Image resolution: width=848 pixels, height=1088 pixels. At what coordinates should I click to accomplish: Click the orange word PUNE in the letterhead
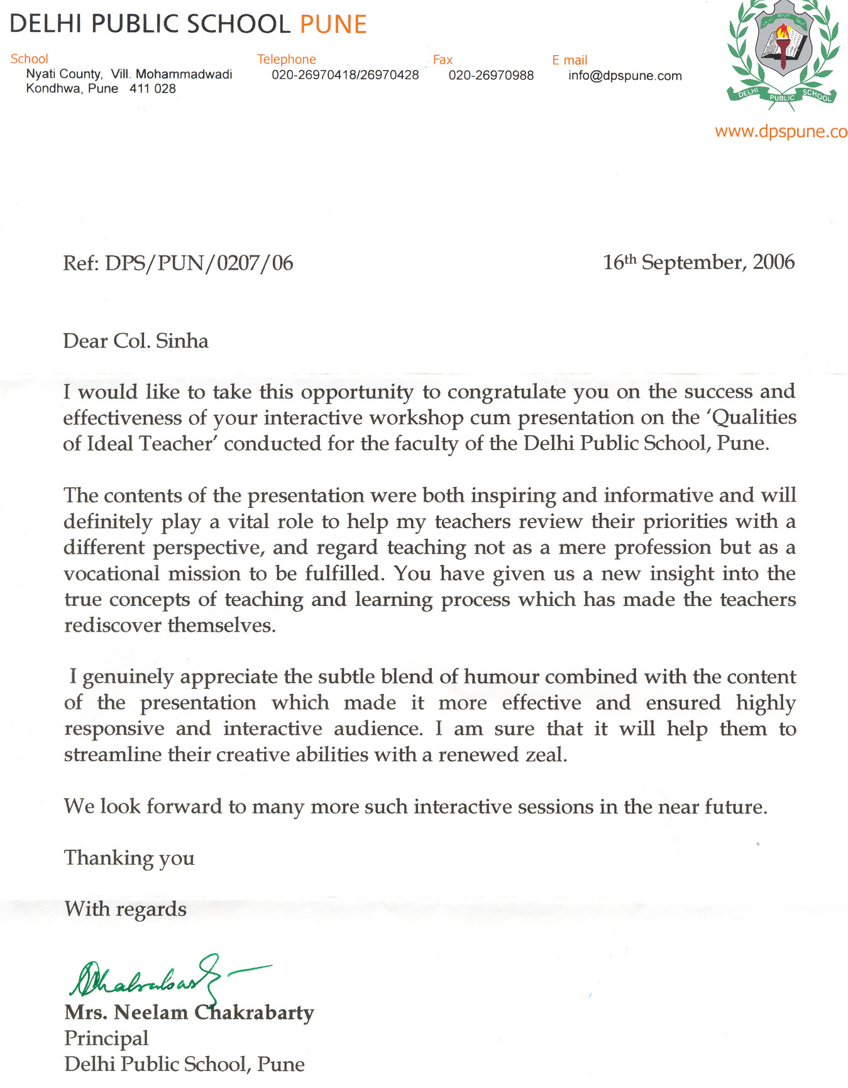click(x=333, y=25)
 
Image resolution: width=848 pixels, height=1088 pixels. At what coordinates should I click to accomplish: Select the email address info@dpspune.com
click(x=625, y=76)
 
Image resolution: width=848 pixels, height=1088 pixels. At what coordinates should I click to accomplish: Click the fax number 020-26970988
click(x=491, y=75)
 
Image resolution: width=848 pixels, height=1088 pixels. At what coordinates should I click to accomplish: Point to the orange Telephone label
click(x=286, y=60)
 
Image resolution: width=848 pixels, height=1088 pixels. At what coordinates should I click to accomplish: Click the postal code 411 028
click(x=153, y=89)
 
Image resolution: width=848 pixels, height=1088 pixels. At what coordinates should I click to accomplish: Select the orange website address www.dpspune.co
click(x=781, y=132)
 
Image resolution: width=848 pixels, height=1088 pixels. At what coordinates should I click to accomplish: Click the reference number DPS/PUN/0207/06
click(x=199, y=263)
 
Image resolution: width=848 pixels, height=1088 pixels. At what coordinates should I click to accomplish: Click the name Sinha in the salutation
click(x=182, y=341)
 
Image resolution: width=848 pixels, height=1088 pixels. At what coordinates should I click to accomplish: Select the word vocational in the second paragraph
click(x=112, y=574)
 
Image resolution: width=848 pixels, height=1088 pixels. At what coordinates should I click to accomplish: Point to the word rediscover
click(x=113, y=625)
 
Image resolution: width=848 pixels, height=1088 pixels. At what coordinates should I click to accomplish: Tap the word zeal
click(x=546, y=755)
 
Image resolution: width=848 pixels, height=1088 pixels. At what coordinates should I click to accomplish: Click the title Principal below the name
click(x=106, y=1038)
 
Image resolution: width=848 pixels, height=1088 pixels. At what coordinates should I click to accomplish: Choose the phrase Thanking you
click(x=129, y=859)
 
